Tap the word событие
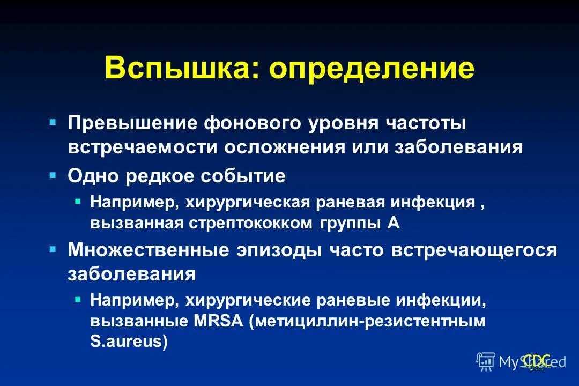click(242, 176)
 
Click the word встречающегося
click(474, 250)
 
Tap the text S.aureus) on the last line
click(129, 341)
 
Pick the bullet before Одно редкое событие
click(53, 175)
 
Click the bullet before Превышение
click(53, 122)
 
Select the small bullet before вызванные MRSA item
click(78, 299)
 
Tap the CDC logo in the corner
click(536, 361)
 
